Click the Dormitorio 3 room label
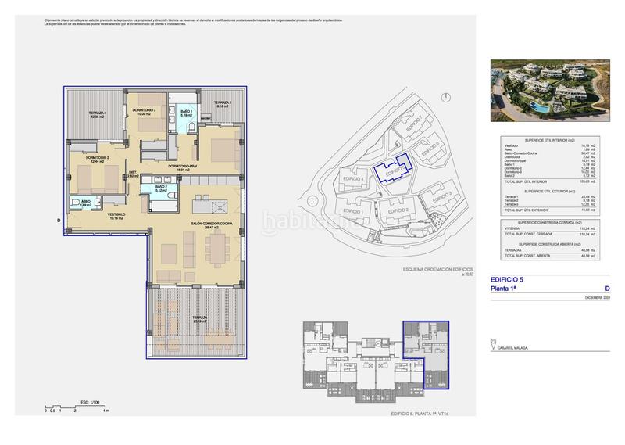coord(145,111)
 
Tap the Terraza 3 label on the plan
coord(97,116)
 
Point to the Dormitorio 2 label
coord(97,160)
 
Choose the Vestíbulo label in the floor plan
coord(117,217)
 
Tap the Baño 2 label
coord(161,189)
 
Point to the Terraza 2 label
coord(223,104)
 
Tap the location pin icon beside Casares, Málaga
coord(494,343)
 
